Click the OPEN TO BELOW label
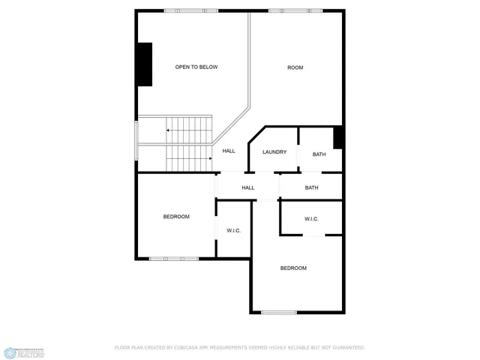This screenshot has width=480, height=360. [196, 67]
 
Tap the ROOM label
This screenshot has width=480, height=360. [295, 68]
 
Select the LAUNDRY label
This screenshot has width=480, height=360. [274, 152]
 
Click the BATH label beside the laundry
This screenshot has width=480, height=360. [319, 154]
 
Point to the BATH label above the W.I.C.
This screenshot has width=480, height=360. [312, 187]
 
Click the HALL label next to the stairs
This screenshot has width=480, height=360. [229, 151]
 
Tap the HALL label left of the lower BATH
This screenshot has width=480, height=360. [248, 187]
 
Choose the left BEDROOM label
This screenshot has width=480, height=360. [176, 217]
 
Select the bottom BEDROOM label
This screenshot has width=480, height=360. [293, 268]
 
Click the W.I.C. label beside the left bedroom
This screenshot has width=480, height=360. [233, 230]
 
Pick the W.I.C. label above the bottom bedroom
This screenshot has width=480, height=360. [312, 219]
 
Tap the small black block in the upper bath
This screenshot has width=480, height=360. [338, 137]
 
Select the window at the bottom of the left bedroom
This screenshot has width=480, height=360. [173, 259]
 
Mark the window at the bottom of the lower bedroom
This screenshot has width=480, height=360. [279, 312]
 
